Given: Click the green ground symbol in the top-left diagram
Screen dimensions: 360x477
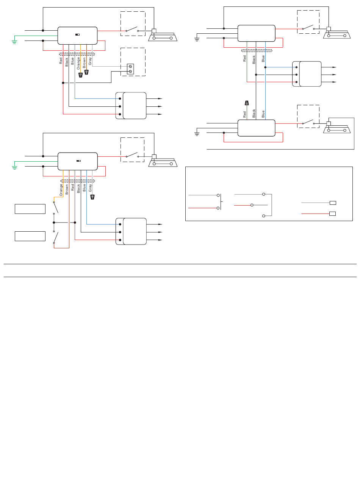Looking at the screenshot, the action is [x=14, y=42].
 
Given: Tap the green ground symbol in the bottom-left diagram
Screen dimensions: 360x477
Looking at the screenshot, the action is [x=14, y=168].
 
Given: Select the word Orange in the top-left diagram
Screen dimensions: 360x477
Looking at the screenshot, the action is [x=78, y=63].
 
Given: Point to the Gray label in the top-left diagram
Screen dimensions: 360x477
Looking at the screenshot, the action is [x=90, y=61].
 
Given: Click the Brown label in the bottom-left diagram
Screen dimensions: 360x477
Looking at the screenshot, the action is [x=67, y=189].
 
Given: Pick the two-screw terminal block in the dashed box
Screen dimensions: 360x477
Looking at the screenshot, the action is [x=130, y=69].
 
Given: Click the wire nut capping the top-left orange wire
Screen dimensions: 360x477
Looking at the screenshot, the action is [x=80, y=75].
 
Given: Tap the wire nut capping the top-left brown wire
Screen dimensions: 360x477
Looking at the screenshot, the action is [x=86, y=72].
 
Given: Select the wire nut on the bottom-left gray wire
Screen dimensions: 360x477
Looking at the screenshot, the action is [x=92, y=197].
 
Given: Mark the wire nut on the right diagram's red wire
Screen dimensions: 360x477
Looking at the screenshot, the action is [x=247, y=103].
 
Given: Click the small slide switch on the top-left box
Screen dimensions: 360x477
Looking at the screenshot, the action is [x=77, y=34].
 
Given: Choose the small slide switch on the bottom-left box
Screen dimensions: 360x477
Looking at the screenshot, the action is [x=78, y=161].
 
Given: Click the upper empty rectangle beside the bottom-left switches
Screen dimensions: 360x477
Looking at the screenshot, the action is [x=30, y=209].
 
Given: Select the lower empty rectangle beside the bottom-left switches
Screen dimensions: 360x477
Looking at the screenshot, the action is [x=30, y=236].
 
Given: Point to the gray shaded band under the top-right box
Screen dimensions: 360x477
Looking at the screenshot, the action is [x=257, y=51].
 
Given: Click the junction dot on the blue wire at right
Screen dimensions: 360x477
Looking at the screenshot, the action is [x=265, y=67].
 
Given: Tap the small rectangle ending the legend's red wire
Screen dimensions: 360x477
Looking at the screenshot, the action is [x=332, y=214].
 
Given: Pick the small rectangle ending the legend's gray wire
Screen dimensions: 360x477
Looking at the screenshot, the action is [x=333, y=203].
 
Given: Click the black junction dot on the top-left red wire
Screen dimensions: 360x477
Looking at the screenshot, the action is [x=63, y=83].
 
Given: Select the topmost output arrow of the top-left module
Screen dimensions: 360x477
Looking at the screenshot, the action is [x=154, y=99].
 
